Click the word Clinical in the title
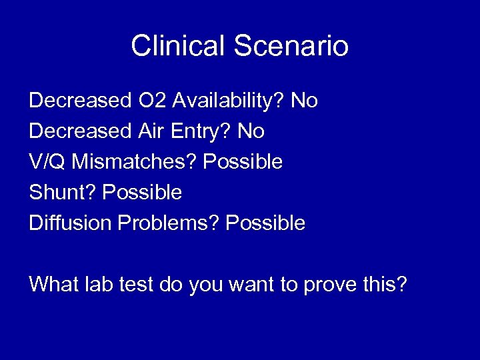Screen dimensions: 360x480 (178, 46)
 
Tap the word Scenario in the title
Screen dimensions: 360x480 (291, 46)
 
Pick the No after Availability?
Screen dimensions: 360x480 (305, 101)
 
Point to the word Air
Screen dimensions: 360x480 (153, 131)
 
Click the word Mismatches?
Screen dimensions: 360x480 (134, 162)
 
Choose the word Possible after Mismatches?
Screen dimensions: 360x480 (243, 162)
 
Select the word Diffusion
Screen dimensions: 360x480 (71, 223)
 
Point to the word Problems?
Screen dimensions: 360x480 (169, 223)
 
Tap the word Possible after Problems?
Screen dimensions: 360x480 (266, 223)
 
